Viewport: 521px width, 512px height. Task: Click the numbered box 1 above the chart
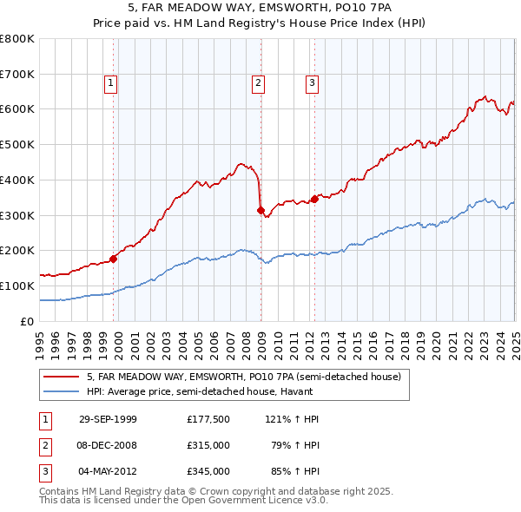coord(112,83)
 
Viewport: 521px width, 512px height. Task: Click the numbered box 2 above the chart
coord(259,83)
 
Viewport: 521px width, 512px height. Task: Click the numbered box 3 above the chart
coord(312,83)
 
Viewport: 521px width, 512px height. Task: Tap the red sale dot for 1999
coord(113,258)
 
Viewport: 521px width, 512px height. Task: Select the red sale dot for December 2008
coord(260,209)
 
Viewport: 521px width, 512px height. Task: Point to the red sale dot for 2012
coord(314,198)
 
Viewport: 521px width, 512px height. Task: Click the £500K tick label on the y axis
coord(17,144)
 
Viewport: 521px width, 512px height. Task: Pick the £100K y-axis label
coord(17,286)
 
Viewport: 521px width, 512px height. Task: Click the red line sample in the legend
coord(63,377)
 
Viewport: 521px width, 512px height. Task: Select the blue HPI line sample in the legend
coord(63,391)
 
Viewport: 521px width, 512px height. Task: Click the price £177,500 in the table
coord(208,419)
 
